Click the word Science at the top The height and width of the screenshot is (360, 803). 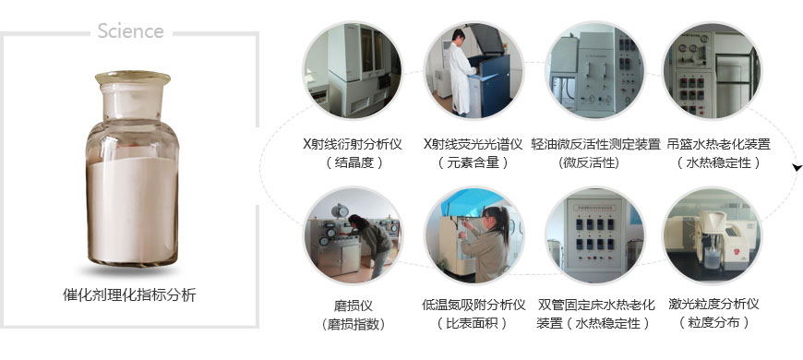(130, 31)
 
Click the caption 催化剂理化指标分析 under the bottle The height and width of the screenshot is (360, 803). (129, 295)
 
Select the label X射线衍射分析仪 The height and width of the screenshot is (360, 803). (353, 144)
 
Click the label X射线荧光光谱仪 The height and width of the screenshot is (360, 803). (473, 144)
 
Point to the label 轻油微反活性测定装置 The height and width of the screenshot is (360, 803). (595, 144)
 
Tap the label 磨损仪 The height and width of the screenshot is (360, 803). (353, 306)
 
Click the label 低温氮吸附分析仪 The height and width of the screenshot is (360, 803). (473, 306)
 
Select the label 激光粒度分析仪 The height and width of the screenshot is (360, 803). (713, 305)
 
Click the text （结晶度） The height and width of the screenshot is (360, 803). (354, 162)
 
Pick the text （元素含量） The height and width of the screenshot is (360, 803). (473, 162)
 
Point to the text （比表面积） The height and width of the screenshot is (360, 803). (473, 324)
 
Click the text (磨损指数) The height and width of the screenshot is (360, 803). (353, 324)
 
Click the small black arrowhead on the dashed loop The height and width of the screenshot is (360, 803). (797, 167)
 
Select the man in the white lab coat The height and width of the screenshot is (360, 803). (460, 72)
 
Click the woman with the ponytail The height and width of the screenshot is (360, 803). (486, 244)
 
